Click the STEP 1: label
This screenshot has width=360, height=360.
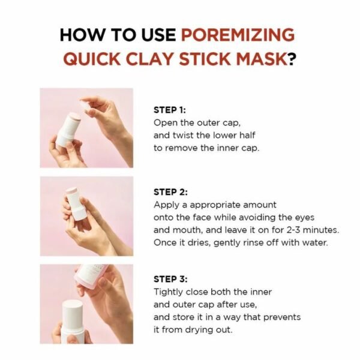[170, 110]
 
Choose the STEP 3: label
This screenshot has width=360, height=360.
[170, 279]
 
